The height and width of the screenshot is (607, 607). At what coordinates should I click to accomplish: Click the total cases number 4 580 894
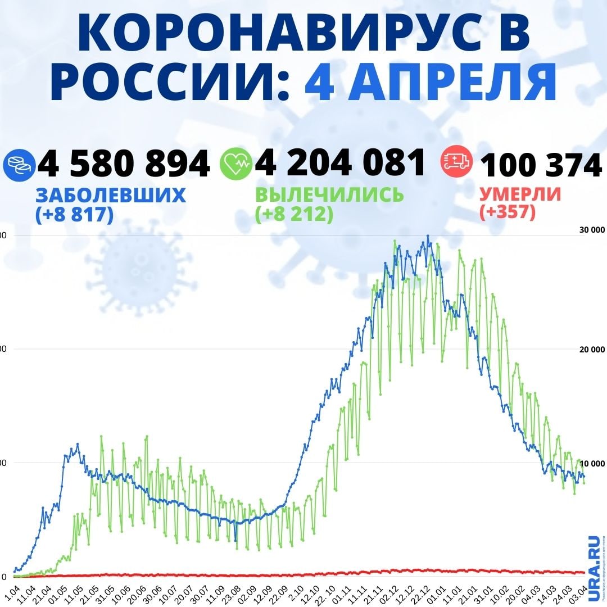pyautogui.click(x=124, y=164)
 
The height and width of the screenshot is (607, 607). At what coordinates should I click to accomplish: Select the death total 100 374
pyautogui.click(x=541, y=165)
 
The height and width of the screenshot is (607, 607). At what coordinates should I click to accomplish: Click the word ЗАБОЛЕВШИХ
pyautogui.click(x=110, y=195)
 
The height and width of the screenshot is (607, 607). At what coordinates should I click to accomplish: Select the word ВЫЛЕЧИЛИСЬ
pyautogui.click(x=329, y=195)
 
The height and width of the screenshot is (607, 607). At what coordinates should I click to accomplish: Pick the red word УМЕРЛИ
pyautogui.click(x=520, y=194)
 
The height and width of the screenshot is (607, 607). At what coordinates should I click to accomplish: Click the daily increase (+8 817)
pyautogui.click(x=74, y=214)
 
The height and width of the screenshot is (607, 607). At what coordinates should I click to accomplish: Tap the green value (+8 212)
pyautogui.click(x=293, y=214)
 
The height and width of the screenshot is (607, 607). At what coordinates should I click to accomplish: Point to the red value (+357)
pyautogui.click(x=507, y=212)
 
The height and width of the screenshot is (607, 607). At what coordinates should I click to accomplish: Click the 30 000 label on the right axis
pyautogui.click(x=592, y=229)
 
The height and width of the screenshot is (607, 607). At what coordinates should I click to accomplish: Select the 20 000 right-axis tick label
pyautogui.click(x=592, y=349)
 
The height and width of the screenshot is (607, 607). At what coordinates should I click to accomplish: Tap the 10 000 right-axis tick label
pyautogui.click(x=592, y=463)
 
